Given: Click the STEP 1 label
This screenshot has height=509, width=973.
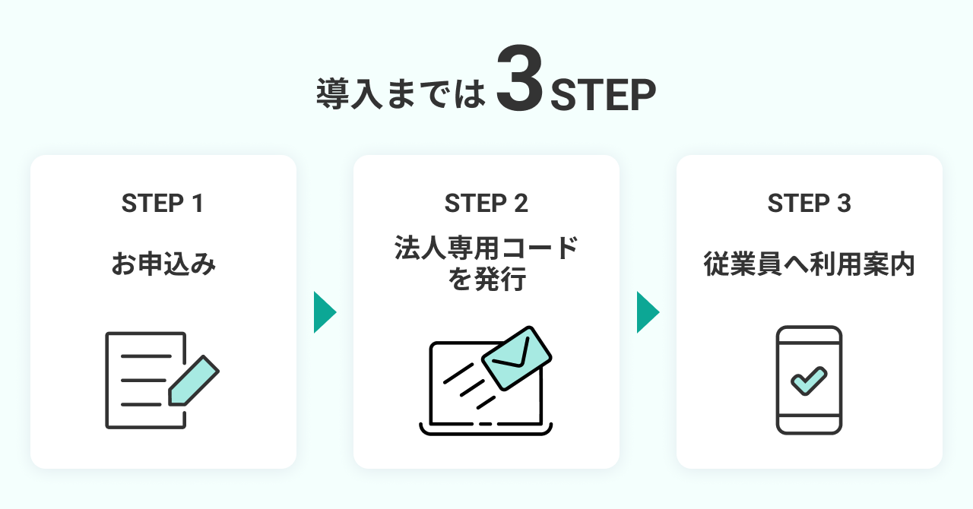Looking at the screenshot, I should [x=163, y=204].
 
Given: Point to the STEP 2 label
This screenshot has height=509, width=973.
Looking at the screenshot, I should [x=486, y=204].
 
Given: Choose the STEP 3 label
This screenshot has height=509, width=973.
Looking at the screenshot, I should [x=809, y=204].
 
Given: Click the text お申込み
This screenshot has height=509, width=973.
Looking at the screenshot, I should [x=163, y=265].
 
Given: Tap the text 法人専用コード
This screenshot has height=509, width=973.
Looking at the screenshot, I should [x=486, y=248].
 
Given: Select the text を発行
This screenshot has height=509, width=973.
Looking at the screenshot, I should [x=486, y=280].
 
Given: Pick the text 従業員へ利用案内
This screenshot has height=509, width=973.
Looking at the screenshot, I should [x=809, y=265].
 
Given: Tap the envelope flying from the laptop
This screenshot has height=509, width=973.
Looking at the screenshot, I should [x=516, y=356].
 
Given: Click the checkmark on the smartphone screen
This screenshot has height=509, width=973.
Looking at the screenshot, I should [x=809, y=381].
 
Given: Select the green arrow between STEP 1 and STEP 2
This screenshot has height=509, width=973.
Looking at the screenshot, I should [x=325, y=312].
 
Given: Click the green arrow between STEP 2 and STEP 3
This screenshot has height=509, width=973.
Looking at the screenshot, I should [x=648, y=312].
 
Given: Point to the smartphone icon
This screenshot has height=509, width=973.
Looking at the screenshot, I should [x=809, y=380].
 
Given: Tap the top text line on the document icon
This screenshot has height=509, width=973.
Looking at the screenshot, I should [x=146, y=356].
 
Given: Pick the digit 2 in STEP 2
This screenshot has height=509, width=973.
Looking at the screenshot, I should [x=520, y=204].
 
